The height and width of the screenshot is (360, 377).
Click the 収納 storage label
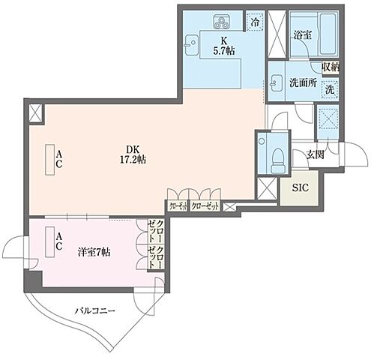[331, 67]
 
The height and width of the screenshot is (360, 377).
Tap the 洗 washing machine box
[331, 88]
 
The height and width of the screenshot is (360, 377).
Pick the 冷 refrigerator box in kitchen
[256, 22]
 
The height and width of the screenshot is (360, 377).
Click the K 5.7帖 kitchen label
[223, 47]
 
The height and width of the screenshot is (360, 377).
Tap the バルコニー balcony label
[94, 308]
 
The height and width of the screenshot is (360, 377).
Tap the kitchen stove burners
[223, 21]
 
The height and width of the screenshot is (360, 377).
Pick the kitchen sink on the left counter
[189, 41]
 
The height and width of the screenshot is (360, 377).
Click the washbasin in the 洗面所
[277, 82]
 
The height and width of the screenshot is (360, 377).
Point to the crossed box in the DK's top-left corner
[34, 114]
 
